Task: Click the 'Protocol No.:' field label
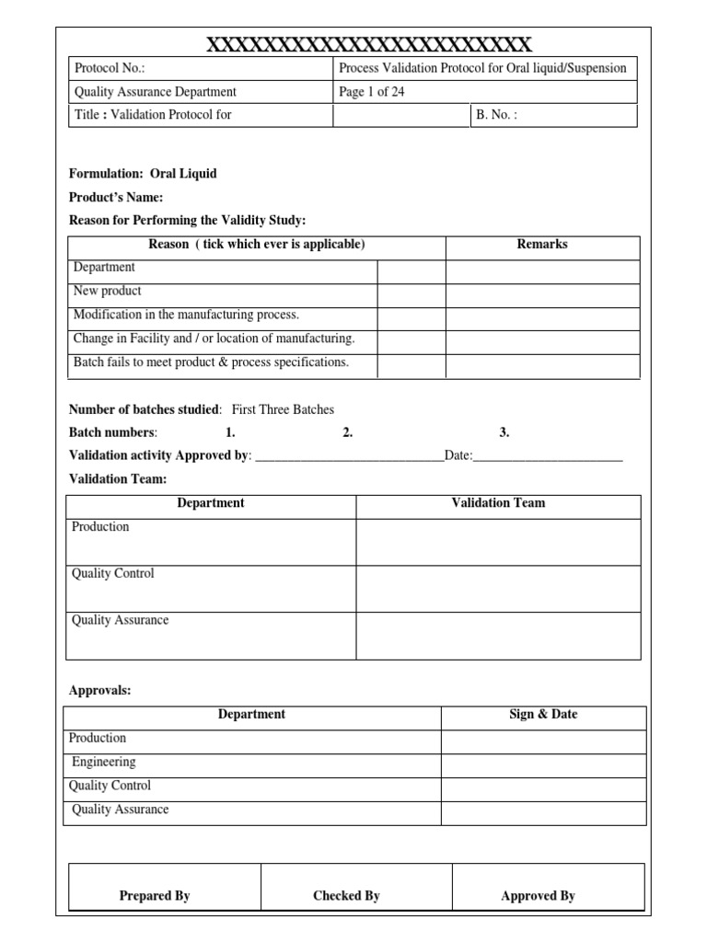(110, 68)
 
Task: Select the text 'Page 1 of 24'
(372, 92)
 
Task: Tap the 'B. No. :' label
(497, 116)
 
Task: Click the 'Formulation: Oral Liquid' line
(143, 174)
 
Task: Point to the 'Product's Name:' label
(116, 198)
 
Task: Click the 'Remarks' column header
(542, 245)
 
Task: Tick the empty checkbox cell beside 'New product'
(411, 295)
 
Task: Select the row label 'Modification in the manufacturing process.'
(186, 315)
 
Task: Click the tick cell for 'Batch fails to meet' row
(411, 366)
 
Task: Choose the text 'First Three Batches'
(283, 409)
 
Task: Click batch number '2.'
(348, 432)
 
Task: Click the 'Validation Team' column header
(498, 503)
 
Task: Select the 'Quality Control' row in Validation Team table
(113, 574)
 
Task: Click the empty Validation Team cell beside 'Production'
(498, 542)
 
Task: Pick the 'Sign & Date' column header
(543, 715)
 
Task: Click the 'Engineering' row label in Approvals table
(104, 763)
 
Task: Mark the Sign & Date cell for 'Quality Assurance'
(543, 812)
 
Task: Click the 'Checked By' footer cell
(346, 896)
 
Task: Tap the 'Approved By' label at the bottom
(538, 896)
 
